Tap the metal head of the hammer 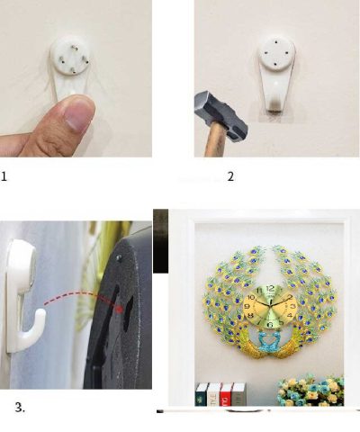[x=221, y=115]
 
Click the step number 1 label [x=4, y=176]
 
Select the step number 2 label [x=230, y=176]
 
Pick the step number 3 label [x=20, y=408]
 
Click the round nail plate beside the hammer [x=276, y=54]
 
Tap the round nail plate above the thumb [x=70, y=55]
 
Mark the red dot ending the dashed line [x=120, y=310]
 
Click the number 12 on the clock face [x=270, y=289]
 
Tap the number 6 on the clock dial [x=270, y=324]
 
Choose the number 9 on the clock [x=247, y=307]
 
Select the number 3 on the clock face [x=293, y=306]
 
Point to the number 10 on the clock [x=251, y=297]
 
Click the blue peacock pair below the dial [x=269, y=340]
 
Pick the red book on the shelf [x=226, y=394]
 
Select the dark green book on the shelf [x=202, y=394]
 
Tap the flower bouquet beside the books [x=310, y=391]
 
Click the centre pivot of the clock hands [x=270, y=306]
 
